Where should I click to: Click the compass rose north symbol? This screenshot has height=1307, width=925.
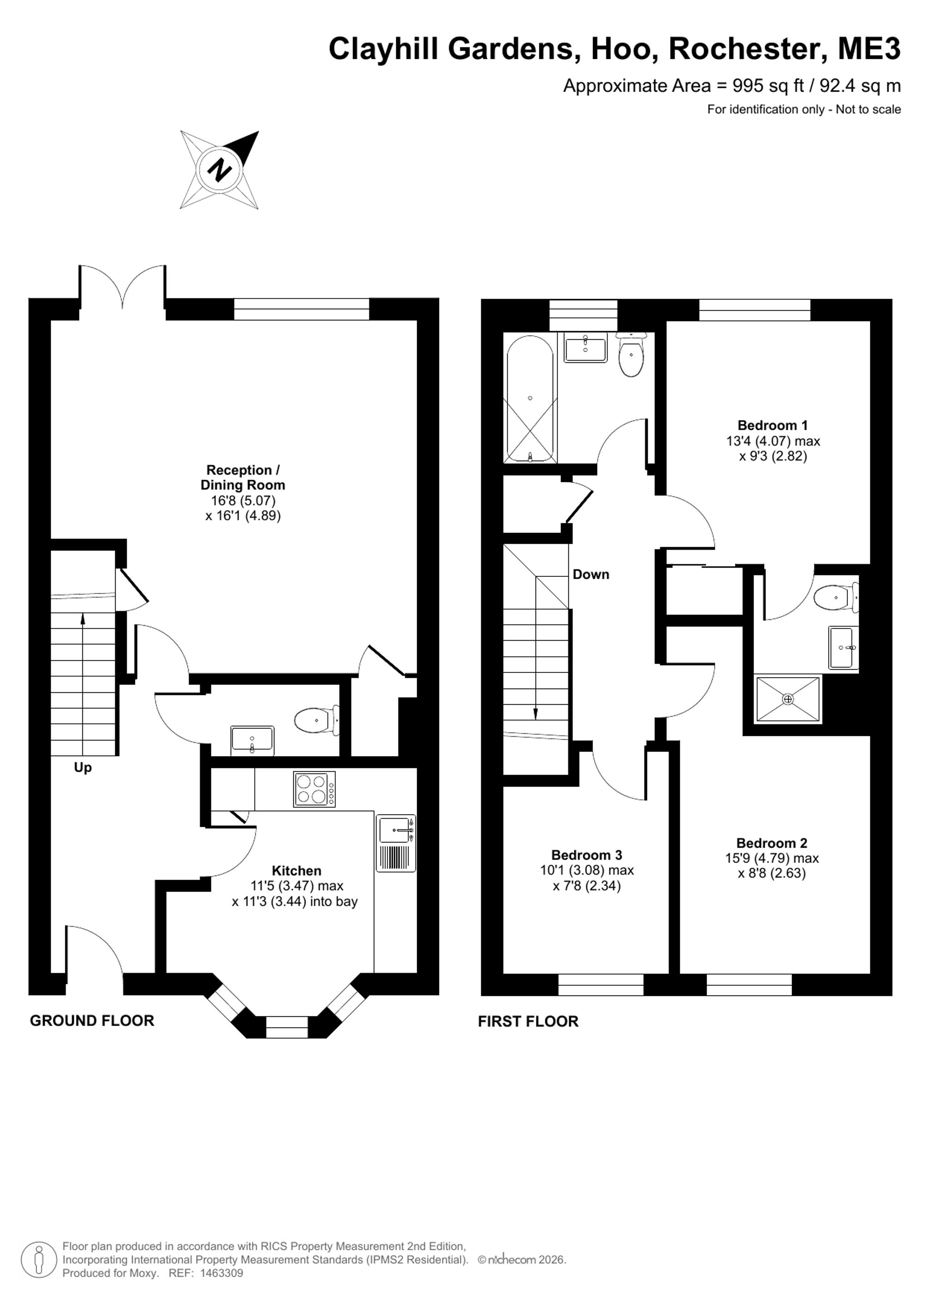click(220, 170)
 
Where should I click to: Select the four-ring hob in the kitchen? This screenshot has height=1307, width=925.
click(314, 789)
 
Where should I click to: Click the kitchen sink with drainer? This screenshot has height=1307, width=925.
click(396, 843)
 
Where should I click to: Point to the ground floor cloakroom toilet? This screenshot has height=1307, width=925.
click(317, 721)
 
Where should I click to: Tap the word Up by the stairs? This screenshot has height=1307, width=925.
click(83, 768)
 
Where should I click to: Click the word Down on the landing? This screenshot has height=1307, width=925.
click(591, 574)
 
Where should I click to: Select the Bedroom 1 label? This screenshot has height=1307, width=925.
click(772, 425)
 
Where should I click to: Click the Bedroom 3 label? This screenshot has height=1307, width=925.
click(586, 855)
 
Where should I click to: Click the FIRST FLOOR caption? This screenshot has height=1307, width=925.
click(528, 1021)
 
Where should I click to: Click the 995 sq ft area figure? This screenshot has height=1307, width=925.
click(768, 86)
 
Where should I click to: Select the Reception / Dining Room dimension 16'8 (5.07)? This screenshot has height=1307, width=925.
click(243, 501)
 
